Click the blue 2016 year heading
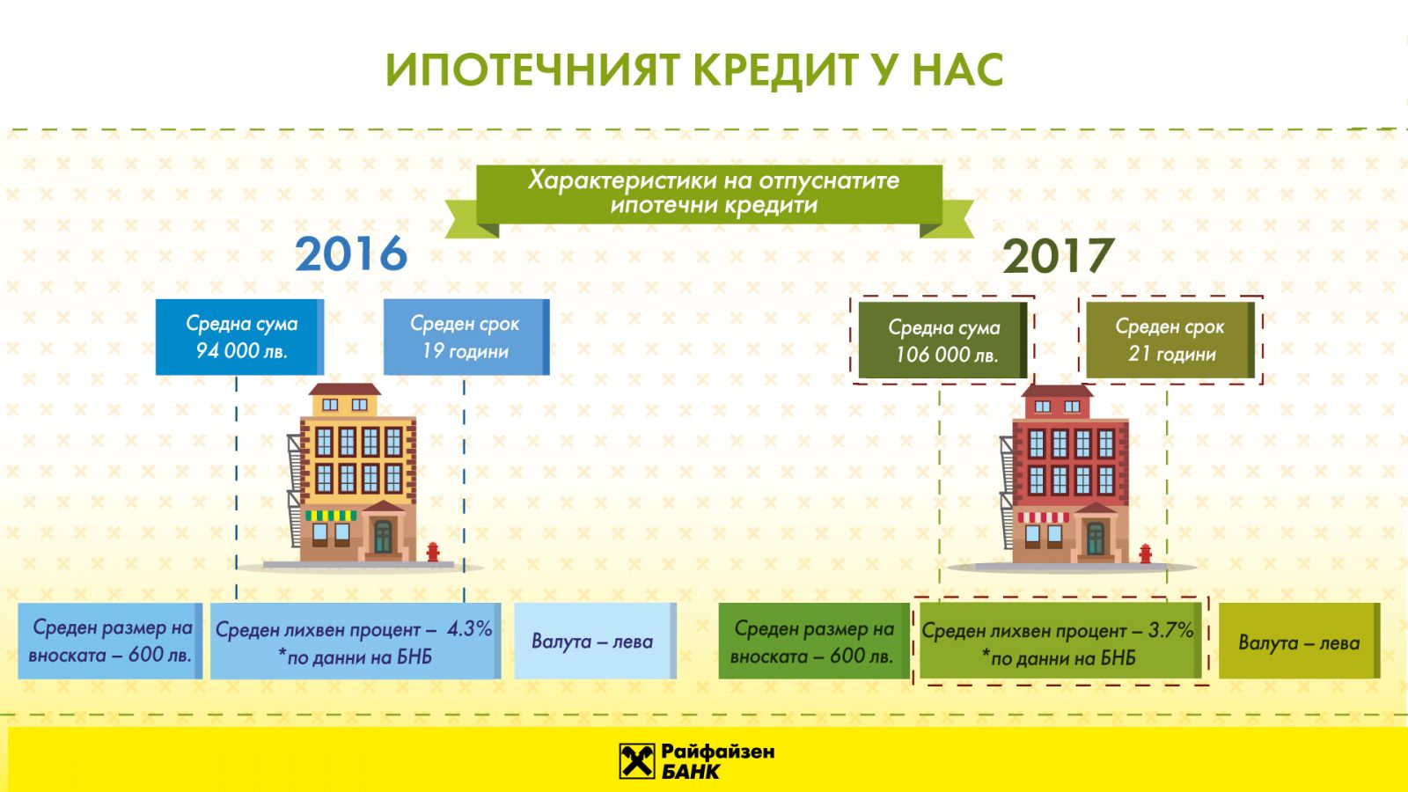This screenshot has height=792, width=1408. (351, 253)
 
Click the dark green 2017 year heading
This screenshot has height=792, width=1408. (1058, 256)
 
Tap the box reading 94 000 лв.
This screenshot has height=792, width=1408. (240, 337)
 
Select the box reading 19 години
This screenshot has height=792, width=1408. (466, 337)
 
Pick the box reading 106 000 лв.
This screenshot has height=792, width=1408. (942, 340)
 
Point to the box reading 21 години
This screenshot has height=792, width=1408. (1170, 340)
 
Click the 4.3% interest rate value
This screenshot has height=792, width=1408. (470, 628)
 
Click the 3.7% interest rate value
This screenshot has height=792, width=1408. (1170, 630)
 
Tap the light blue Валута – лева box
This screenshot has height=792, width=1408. (595, 642)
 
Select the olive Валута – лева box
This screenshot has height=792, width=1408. (1300, 642)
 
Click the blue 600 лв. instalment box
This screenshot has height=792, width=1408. (110, 642)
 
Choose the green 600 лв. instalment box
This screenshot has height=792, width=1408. (814, 642)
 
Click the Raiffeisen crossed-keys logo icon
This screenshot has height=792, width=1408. (637, 761)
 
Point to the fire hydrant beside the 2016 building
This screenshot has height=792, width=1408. (432, 552)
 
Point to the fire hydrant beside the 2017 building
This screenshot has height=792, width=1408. (1145, 554)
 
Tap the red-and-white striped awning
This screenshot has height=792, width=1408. (1044, 518)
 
